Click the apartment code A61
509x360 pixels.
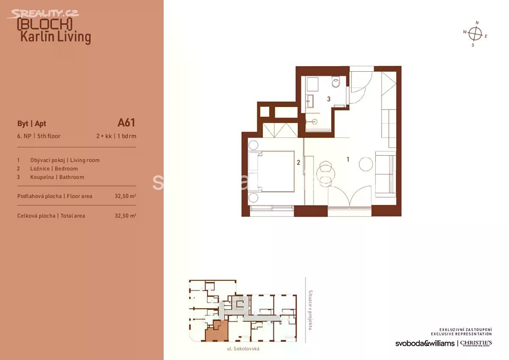pos(126,123)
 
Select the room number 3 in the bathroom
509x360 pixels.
pos(329,99)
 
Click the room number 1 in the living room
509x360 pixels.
pos(348,160)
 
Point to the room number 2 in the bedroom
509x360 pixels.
pos(298,162)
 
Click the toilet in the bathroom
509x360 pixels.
pos(336,82)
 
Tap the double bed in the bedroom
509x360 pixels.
pos(271,172)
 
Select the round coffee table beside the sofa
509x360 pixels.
pos(366,164)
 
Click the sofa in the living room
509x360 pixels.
pos(386,174)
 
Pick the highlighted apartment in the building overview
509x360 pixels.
pos(217,332)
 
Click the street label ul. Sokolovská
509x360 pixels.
pos(243,349)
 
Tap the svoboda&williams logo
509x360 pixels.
pos(425,343)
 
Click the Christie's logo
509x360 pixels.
pos(476,343)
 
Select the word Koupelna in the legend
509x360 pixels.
pos(42,177)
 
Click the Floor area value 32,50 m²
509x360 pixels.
pos(126,196)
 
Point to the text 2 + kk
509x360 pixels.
pos(104,136)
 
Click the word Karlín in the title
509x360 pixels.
pos(37,37)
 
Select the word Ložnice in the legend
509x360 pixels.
pos(40,169)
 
